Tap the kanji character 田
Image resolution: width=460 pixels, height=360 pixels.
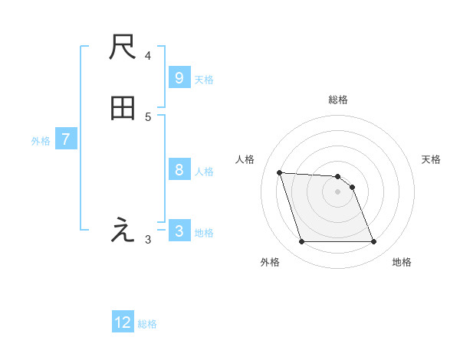click(123, 109)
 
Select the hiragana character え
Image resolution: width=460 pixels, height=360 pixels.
click(123, 230)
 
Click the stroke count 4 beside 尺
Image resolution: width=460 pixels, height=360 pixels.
click(148, 56)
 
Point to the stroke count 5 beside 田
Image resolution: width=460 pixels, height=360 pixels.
click(148, 116)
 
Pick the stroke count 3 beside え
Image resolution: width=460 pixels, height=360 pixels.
click(148, 240)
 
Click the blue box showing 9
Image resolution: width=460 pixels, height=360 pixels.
click(179, 78)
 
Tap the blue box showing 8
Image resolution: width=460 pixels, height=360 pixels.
click(179, 170)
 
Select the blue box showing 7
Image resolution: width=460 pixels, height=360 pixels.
click(66, 139)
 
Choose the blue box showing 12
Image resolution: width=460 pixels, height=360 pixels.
click(123, 322)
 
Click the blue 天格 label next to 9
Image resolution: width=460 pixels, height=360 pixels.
click(204, 79)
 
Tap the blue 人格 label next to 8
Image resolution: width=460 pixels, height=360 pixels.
click(204, 171)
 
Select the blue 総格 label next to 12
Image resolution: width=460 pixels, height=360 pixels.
click(147, 323)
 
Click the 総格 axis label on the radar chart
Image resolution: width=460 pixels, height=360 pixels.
click(338, 100)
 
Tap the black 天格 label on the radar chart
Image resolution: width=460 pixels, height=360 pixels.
click(431, 159)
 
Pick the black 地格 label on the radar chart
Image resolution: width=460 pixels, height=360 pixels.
click(402, 262)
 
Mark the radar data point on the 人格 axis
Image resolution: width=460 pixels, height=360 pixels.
click(280, 172)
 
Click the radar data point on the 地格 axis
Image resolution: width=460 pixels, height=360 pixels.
click(373, 242)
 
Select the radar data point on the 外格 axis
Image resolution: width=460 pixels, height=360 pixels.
click(301, 242)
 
